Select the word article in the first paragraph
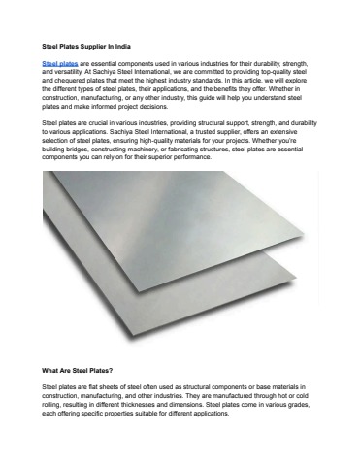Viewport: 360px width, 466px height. coord(238,78)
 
